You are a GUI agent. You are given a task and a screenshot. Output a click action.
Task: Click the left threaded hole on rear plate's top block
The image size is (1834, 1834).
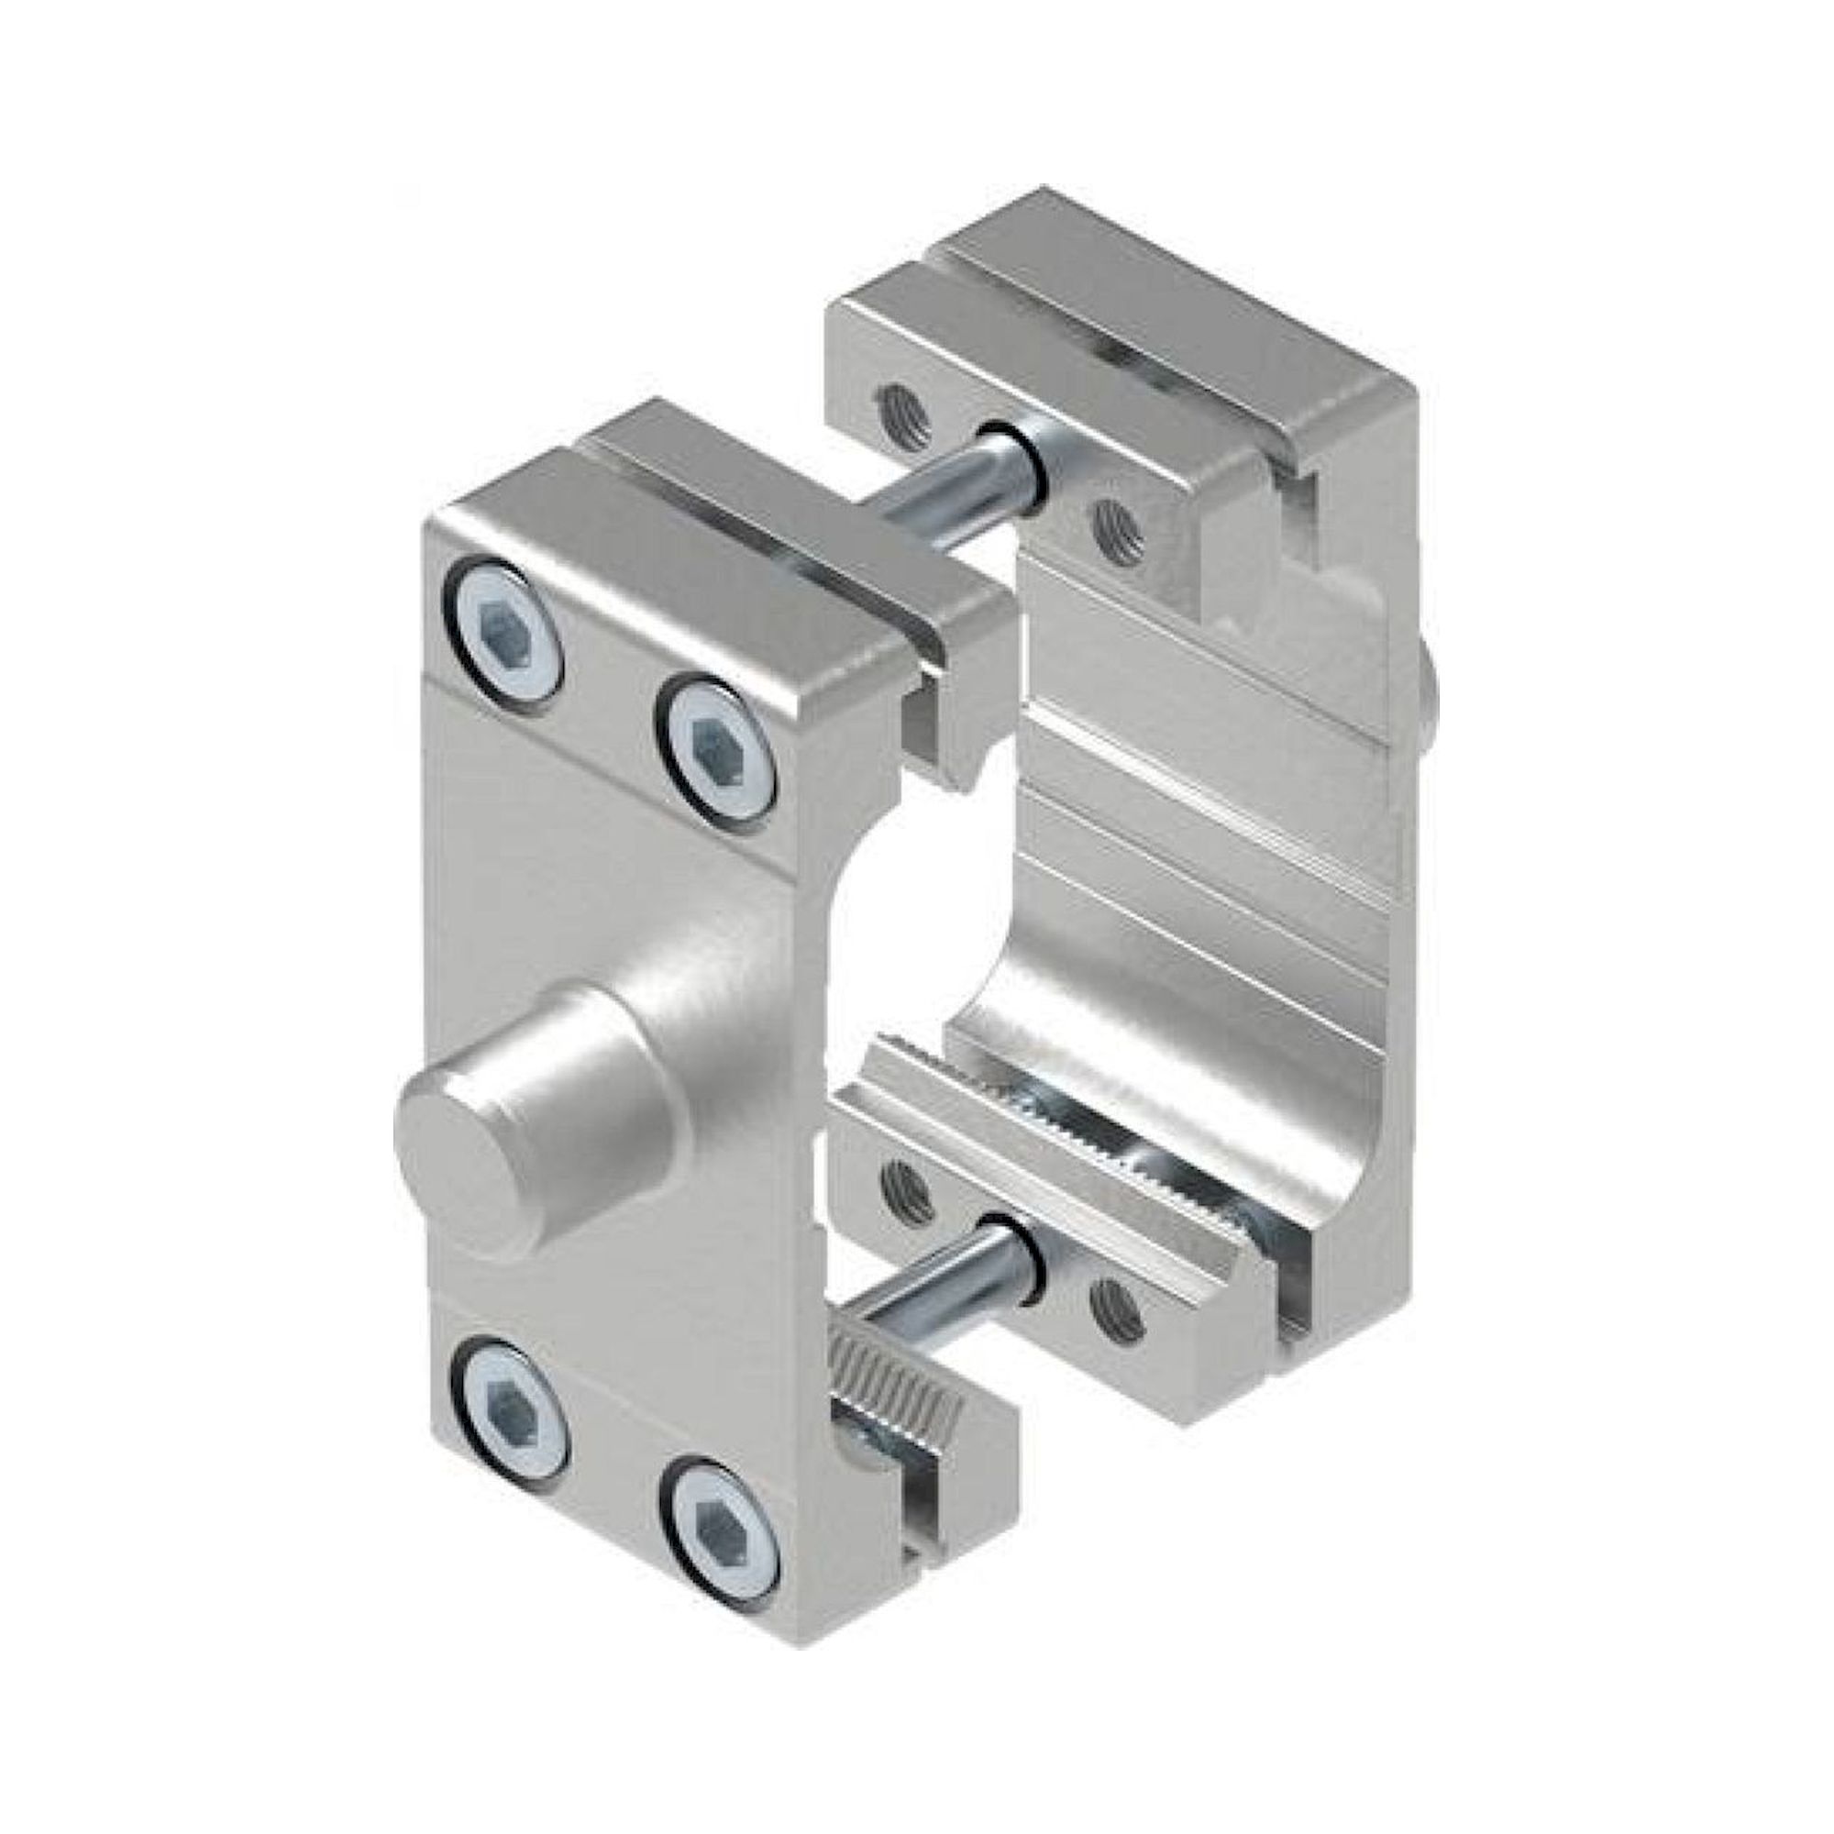pyautogui.click(x=904, y=416)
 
